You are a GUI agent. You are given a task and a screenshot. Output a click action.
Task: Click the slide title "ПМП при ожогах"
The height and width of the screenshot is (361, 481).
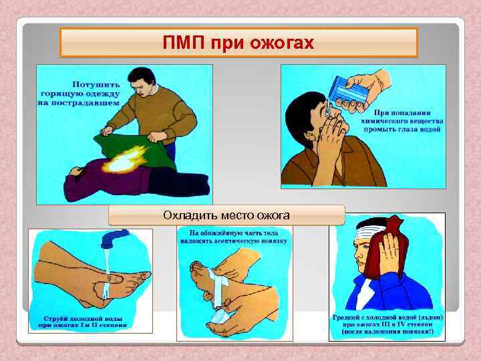(x=238, y=43)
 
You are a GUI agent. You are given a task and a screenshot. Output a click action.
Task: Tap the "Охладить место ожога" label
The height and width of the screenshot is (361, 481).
(x=226, y=215)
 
